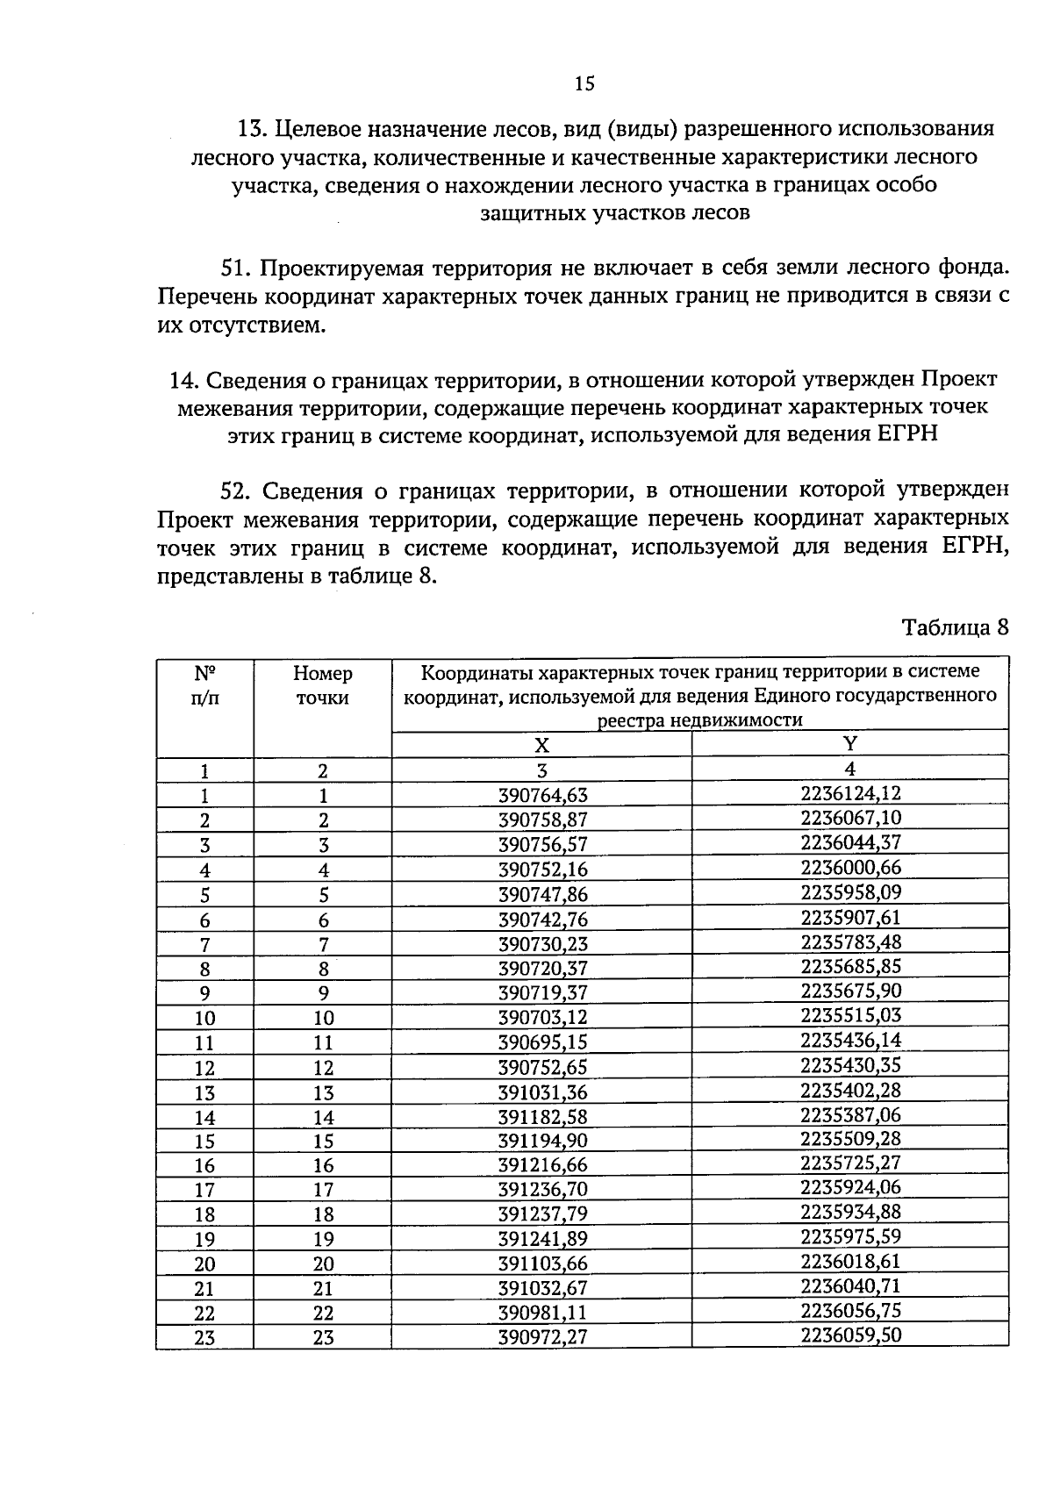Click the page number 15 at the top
tap(584, 84)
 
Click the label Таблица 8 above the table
tap(956, 628)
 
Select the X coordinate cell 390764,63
tap(542, 796)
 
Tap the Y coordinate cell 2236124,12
tap(850, 793)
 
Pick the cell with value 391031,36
tap(542, 1092)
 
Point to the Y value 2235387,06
tap(850, 1115)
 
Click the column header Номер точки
tap(322, 686)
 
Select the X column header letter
tap(542, 746)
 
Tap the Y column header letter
tap(849, 743)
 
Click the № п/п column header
tap(204, 686)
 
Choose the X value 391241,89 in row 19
tap(542, 1239)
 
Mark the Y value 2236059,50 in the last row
tap(850, 1335)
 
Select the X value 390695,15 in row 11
tap(542, 1042)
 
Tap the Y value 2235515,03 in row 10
tap(850, 1016)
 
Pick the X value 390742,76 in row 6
tap(542, 920)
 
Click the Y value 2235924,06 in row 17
tap(850, 1187)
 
